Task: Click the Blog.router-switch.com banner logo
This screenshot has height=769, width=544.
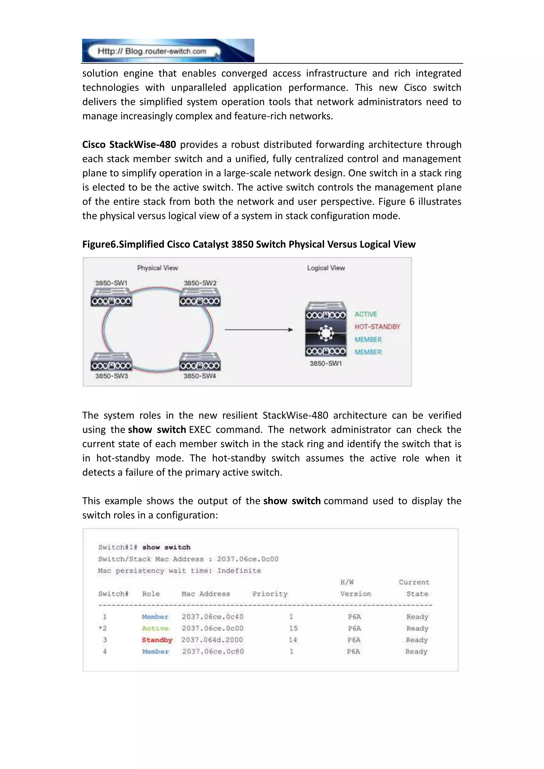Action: tap(168, 50)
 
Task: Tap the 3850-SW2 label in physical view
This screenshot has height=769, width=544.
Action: tap(200, 283)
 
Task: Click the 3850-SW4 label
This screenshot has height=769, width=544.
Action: tap(200, 376)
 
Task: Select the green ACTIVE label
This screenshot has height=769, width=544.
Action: tap(366, 314)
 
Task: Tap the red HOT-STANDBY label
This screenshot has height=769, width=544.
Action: tap(377, 327)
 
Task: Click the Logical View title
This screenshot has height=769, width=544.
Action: tap(326, 268)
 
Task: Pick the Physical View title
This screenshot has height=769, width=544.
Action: tap(158, 268)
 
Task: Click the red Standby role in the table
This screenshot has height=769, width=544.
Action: tap(157, 640)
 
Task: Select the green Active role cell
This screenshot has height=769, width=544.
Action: tap(155, 628)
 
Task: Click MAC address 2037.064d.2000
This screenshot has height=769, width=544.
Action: tap(212, 640)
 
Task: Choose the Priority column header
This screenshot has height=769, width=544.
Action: tap(270, 594)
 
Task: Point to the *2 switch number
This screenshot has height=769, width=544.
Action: tap(103, 628)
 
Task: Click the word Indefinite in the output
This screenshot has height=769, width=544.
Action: tap(239, 571)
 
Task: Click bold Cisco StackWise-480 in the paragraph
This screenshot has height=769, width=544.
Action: tap(129, 145)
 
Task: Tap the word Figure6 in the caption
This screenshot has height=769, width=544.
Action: tap(99, 245)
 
